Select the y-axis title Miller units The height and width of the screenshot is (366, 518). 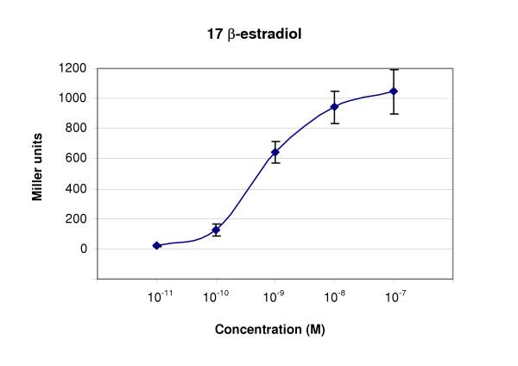pos(38,173)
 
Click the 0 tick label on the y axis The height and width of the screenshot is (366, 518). pos(84,249)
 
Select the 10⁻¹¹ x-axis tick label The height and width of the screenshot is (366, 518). pos(156,296)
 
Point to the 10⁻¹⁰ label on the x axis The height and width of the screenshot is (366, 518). pos(216,296)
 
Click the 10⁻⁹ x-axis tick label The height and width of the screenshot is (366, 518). pos(275,296)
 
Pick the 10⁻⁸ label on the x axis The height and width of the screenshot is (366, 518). pos(334,296)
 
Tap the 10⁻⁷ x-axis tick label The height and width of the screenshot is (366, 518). pos(394,296)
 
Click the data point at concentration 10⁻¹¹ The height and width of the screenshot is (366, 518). pos(156,245)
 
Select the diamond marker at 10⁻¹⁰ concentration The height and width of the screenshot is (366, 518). pos(216,230)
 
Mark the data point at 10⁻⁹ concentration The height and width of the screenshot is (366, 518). pos(275,152)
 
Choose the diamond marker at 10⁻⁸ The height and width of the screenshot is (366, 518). pos(334,107)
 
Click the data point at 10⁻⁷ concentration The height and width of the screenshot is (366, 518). pos(394,91)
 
